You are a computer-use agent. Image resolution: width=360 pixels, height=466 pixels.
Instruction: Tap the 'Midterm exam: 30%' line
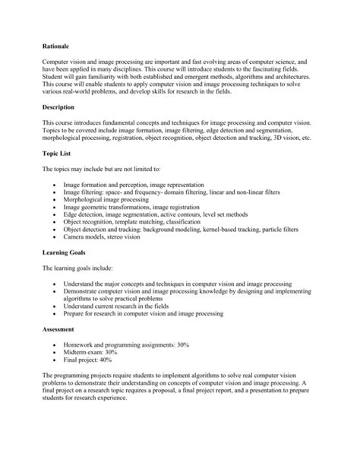pos(95,353)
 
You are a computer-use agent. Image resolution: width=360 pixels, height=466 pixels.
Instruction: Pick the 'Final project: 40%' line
pos(94,362)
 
